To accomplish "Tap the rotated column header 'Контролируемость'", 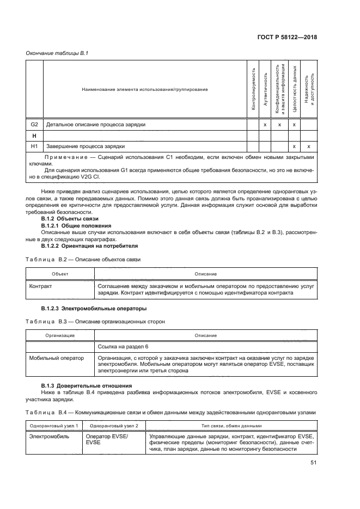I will coord(253,89).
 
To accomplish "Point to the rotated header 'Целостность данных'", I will coord(294,88).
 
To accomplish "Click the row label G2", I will coord(34,125).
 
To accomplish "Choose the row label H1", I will coord(34,146).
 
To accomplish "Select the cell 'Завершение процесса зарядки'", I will coord(86,146).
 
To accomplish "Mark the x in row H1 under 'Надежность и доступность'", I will coord(308,146).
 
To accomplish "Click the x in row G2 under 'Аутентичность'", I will coord(265,125).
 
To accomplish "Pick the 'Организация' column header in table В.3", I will coord(60,335).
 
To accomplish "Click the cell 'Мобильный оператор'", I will coord(57,358).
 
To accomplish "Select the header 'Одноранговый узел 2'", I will coord(114,425).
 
